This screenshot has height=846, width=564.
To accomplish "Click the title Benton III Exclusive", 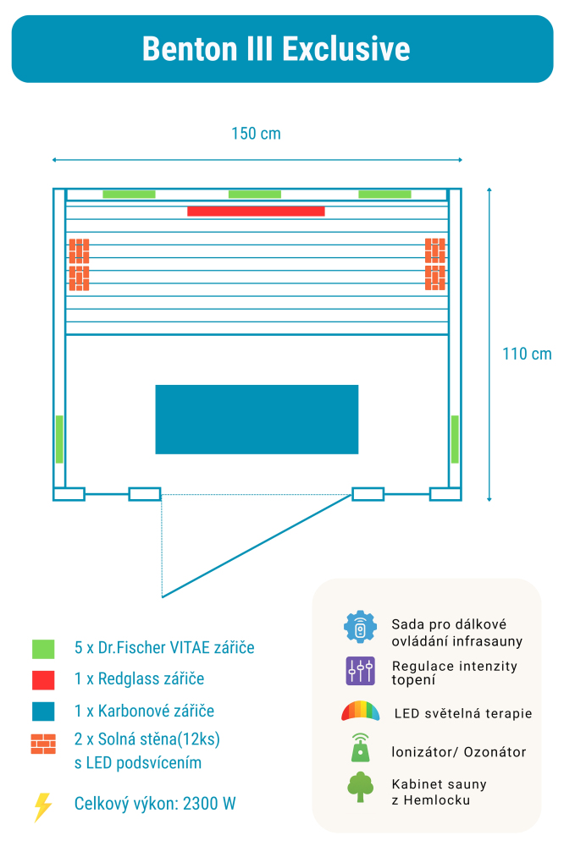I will tap(276, 49).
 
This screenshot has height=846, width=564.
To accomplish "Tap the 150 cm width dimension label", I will tap(256, 134).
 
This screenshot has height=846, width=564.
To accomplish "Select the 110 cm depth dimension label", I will tap(527, 354).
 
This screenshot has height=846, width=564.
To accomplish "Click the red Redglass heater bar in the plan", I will tap(256, 211).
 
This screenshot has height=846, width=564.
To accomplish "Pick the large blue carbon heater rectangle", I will tap(257, 420).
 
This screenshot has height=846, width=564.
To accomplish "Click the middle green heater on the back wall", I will tap(255, 195).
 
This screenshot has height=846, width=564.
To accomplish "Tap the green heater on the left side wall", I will tap(59, 439).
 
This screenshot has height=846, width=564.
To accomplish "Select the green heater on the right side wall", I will tap(455, 439).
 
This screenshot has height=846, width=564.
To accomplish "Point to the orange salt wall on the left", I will tap(79, 264).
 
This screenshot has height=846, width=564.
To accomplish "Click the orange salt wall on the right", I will tap(435, 264).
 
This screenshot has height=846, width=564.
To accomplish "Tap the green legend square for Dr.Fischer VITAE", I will tap(43, 649).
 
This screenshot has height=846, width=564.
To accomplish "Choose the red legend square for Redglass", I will tap(43, 679).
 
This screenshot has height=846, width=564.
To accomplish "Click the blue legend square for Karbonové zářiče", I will tap(43, 711).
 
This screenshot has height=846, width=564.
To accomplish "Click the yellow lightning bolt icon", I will tap(42, 806).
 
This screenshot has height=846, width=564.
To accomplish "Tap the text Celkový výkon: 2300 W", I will tap(155, 804).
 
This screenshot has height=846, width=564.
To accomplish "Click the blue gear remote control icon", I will tap(360, 627).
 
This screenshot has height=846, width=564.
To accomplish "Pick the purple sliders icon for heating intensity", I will tap(360, 671).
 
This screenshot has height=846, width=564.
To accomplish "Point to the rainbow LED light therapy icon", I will tap(360, 711).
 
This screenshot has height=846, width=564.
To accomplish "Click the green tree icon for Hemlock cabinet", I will tap(360, 787).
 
